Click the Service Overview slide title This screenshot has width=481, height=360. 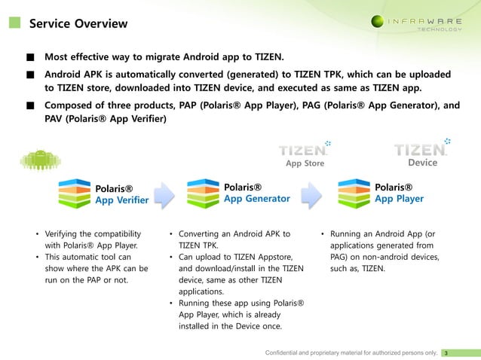tap(78, 23)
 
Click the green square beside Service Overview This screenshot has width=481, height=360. tap(14, 23)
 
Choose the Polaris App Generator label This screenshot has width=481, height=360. tap(256, 193)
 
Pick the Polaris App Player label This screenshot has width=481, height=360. tap(399, 193)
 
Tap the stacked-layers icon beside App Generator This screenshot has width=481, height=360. tap(203, 193)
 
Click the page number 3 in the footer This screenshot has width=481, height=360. tap(446, 352)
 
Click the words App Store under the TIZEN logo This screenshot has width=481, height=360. tap(305, 163)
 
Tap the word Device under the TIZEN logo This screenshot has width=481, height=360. tap(422, 163)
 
